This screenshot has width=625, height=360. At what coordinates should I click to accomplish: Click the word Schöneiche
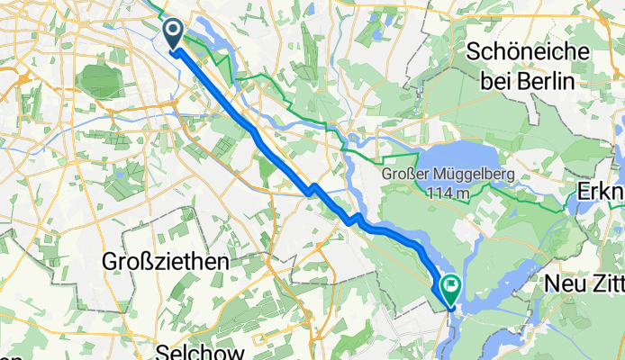point(528,51)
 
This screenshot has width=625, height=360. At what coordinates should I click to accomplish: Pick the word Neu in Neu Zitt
point(565,283)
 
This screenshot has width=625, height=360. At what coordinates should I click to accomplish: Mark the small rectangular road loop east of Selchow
point(259,340)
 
